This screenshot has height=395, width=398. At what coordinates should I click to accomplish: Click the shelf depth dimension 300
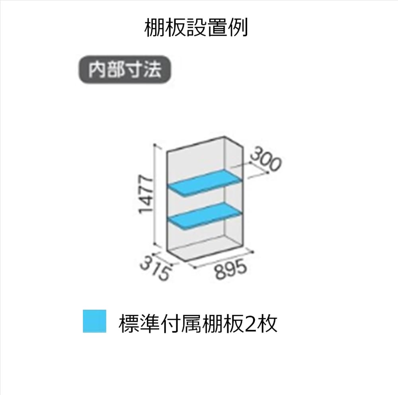(x=265, y=161)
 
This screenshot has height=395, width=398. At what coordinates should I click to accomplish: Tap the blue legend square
(x=94, y=321)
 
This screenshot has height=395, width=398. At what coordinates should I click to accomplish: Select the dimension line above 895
(x=223, y=259)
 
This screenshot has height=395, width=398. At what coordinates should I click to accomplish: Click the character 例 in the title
(x=238, y=28)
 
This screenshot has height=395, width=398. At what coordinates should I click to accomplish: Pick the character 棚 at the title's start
(x=154, y=28)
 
